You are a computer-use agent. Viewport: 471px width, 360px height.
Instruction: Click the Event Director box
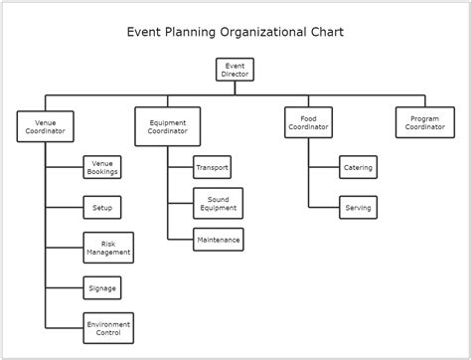(235, 70)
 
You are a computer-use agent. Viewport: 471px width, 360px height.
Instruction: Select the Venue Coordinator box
(44, 126)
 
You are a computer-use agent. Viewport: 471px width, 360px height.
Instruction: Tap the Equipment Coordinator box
(167, 126)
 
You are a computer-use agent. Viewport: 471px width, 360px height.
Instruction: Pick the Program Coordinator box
(425, 122)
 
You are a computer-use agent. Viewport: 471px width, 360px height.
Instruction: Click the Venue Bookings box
(102, 167)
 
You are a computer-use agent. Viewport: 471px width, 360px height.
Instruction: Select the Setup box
(102, 208)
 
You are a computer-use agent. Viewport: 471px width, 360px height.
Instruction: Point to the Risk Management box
(108, 248)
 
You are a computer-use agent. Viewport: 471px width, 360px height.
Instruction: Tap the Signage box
(102, 288)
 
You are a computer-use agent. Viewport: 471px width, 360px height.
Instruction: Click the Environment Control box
(108, 328)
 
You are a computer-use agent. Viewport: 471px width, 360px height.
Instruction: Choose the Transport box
(212, 167)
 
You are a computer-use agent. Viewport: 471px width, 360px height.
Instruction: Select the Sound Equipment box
(218, 203)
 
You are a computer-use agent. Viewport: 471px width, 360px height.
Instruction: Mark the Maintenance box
(218, 239)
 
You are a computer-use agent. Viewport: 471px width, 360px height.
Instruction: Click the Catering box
(358, 167)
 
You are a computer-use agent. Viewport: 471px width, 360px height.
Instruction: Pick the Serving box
(358, 208)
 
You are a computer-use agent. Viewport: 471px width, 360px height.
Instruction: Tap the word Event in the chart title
(144, 32)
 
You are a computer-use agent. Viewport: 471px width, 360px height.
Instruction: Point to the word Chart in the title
(326, 32)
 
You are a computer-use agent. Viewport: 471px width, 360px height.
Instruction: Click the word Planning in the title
(189, 32)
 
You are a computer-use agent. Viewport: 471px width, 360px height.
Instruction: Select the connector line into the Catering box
(324, 167)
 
